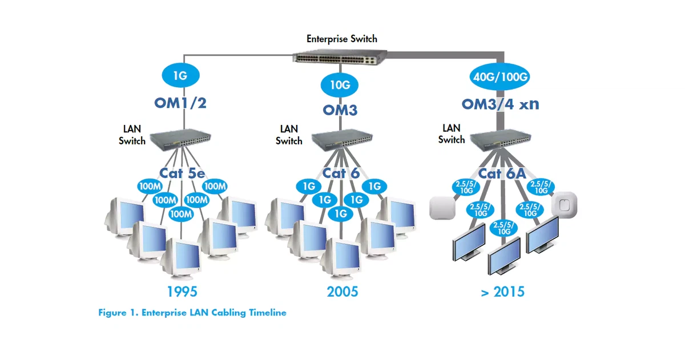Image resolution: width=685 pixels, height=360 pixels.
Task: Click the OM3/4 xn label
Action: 501,104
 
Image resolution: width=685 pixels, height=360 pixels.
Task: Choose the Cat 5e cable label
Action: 182,173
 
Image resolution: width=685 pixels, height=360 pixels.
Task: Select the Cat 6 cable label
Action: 341,173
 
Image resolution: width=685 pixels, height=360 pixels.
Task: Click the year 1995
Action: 182,292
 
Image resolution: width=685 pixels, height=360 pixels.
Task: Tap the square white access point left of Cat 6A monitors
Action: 441,207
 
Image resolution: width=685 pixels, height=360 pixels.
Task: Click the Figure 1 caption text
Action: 192,313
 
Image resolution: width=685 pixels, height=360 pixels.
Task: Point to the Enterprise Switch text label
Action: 341,39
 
